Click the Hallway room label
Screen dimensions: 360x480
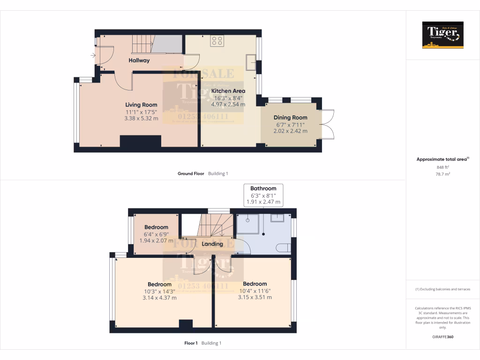click(x=139, y=60)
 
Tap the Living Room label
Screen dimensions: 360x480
click(x=141, y=105)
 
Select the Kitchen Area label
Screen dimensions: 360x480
click(x=228, y=91)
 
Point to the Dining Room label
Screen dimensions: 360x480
click(x=291, y=118)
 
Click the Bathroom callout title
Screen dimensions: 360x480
click(x=263, y=188)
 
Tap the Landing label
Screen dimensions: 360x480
click(x=212, y=244)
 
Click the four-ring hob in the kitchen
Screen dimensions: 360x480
click(x=217, y=41)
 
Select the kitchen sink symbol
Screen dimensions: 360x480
click(x=251, y=62)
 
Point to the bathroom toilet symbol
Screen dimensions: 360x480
click(x=283, y=247)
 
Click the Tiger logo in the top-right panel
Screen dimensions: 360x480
click(x=443, y=35)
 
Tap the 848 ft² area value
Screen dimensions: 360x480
click(x=443, y=167)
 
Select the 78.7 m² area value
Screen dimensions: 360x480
click(x=443, y=173)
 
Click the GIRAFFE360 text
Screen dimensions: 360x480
click(x=443, y=337)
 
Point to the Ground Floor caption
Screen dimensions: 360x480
click(x=191, y=173)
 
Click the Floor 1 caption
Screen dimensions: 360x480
click(x=191, y=343)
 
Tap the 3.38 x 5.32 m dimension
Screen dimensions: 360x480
click(x=141, y=119)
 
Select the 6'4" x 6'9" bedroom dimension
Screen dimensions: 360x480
click(x=156, y=234)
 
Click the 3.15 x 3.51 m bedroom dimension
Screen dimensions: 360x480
click(x=255, y=297)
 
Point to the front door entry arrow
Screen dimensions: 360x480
click(x=92, y=56)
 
